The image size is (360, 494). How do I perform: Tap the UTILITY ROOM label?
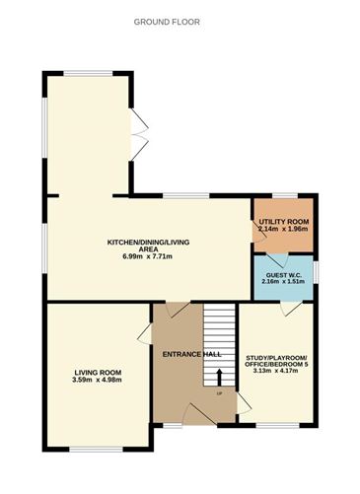pyautogui.click(x=285, y=222)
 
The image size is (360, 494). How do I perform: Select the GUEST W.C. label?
pyautogui.click(x=283, y=273)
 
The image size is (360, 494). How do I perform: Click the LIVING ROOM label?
pyautogui.click(x=97, y=372)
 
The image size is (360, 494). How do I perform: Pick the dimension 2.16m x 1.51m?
pyautogui.click(x=283, y=282)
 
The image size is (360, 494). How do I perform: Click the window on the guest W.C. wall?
pyautogui.click(x=317, y=271)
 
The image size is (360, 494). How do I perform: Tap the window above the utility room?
pyautogui.click(x=279, y=194)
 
